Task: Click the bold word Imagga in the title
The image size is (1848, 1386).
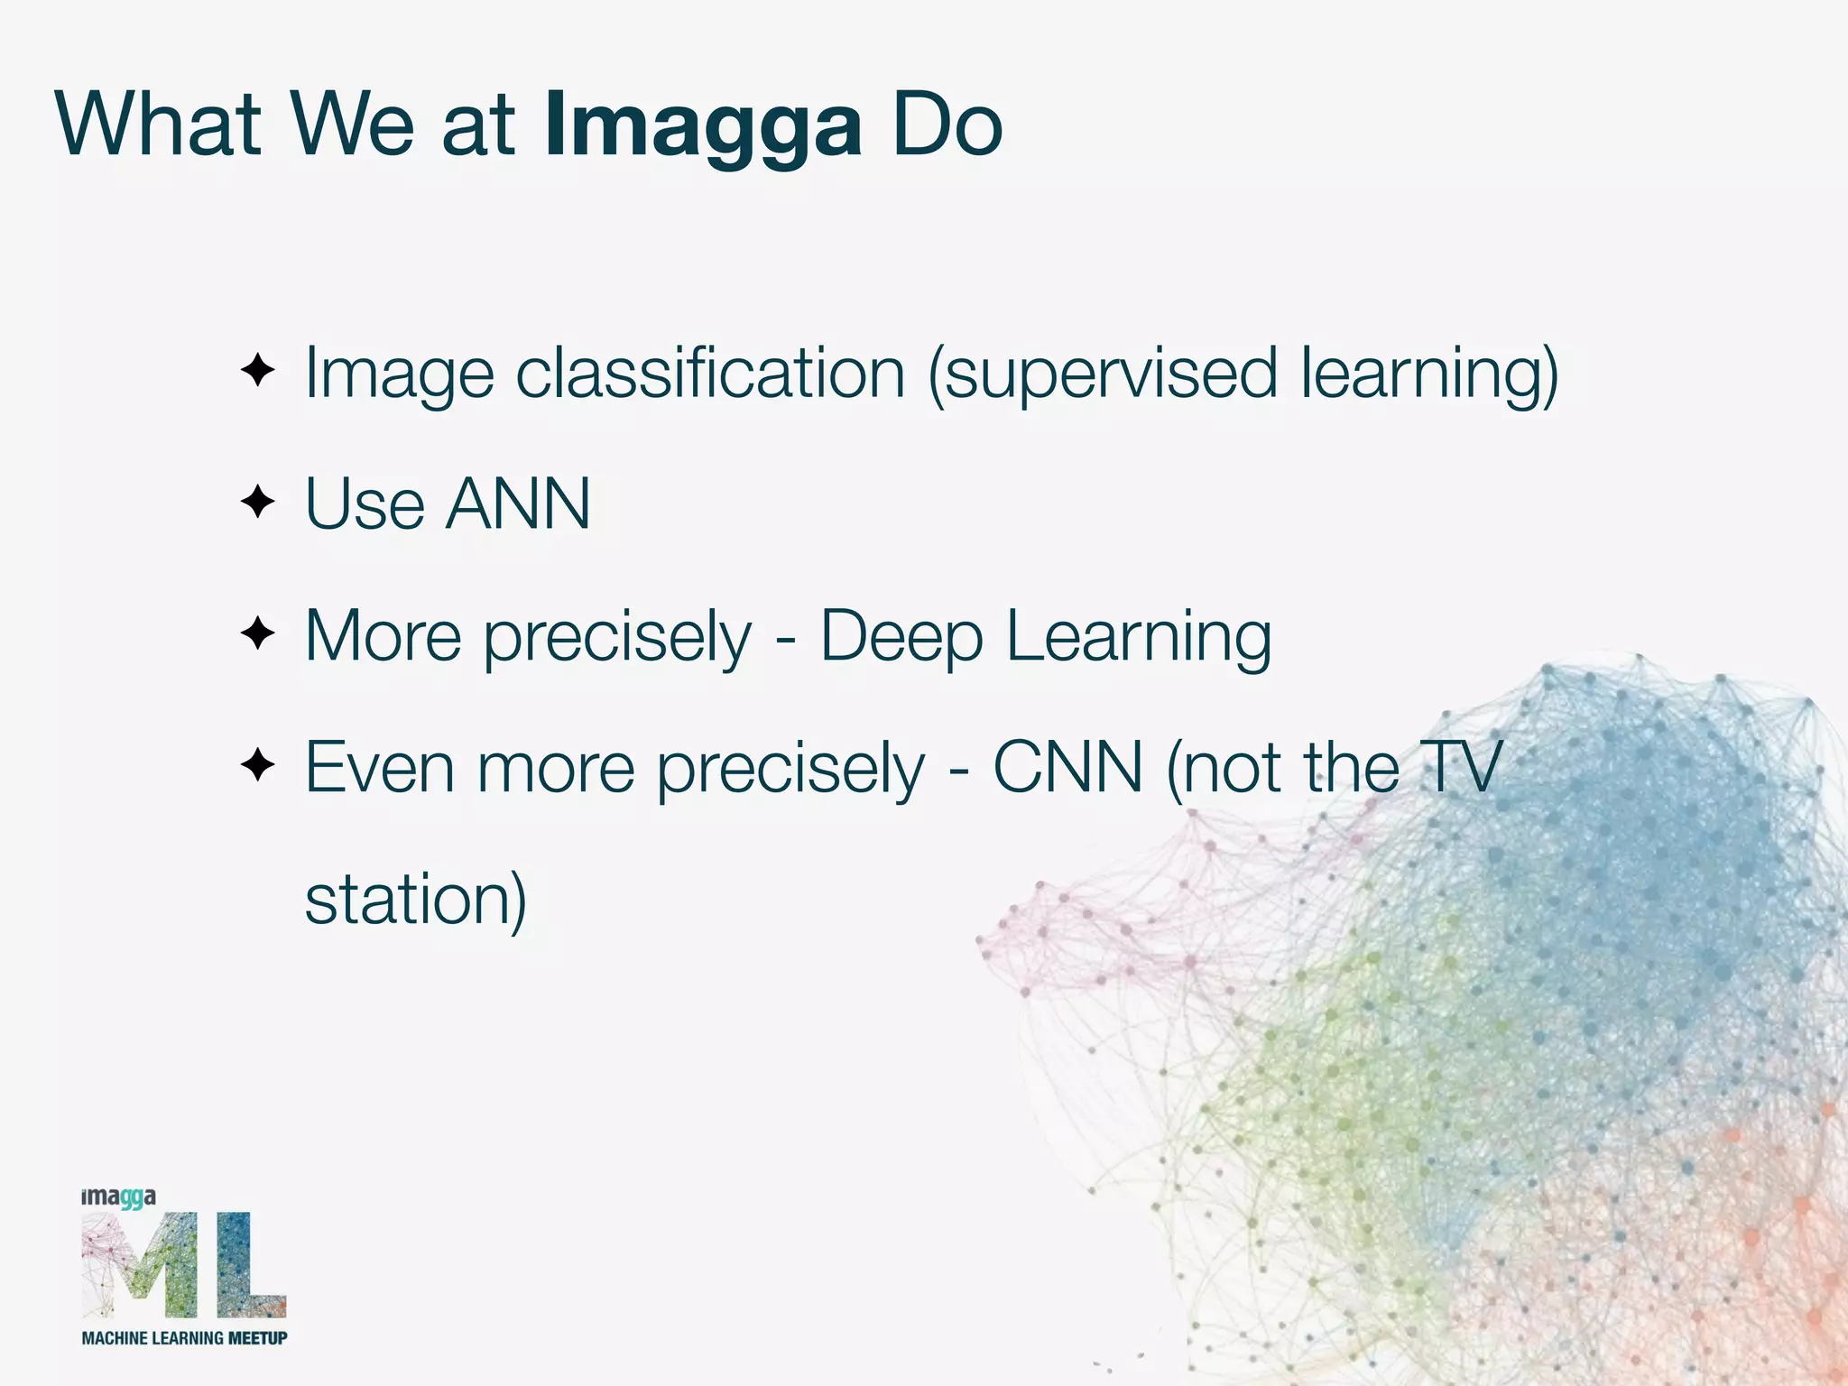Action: pyautogui.click(x=703, y=126)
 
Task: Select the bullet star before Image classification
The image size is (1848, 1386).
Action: pyautogui.click(x=258, y=370)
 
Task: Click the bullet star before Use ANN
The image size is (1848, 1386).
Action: pyautogui.click(x=258, y=502)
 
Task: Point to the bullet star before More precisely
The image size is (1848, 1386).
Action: pyautogui.click(x=258, y=633)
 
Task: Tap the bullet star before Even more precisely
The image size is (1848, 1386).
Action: pyautogui.click(x=258, y=765)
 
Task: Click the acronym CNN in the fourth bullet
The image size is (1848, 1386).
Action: pyautogui.click(x=1068, y=768)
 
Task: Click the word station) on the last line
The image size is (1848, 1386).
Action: pyautogui.click(x=415, y=900)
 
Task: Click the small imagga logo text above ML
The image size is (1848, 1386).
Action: pyautogui.click(x=118, y=1197)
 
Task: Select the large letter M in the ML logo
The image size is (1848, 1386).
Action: pyautogui.click(x=140, y=1264)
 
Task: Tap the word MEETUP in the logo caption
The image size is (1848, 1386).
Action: pyautogui.click(x=257, y=1338)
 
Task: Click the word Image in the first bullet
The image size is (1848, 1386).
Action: pyautogui.click(x=399, y=374)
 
